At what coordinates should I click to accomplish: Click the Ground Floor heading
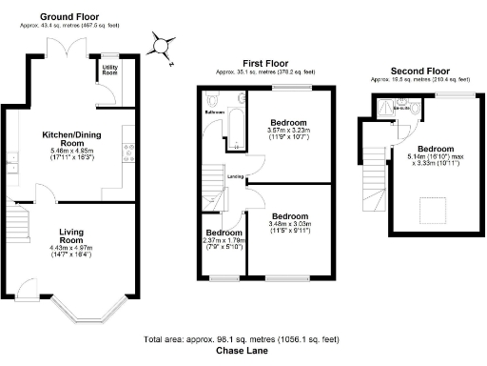69,17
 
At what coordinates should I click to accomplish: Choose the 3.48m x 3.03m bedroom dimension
288,225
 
